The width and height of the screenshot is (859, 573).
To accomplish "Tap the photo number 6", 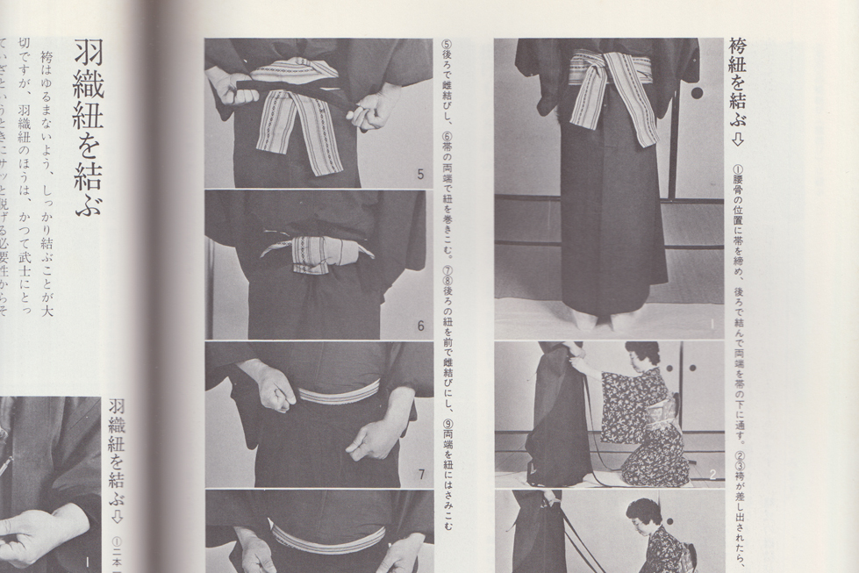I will [420, 326].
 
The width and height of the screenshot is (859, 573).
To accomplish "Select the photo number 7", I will [421, 475].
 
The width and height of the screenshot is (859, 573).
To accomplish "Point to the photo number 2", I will [712, 475].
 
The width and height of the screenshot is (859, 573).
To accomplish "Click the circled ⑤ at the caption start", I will [447, 46].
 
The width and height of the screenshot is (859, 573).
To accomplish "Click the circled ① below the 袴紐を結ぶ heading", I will [738, 168].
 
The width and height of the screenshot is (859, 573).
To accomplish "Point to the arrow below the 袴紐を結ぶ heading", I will [738, 140].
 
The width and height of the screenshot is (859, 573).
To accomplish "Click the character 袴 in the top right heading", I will [738, 48].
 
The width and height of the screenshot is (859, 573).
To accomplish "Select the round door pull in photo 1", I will [697, 92].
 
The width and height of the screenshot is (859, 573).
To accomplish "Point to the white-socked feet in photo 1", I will [605, 319].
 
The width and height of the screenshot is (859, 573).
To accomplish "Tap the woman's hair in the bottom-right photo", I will [644, 509].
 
